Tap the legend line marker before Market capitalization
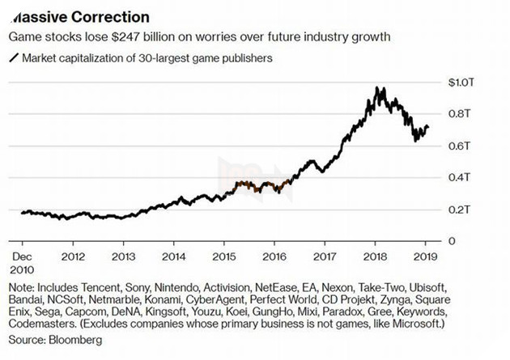click(x=13, y=58)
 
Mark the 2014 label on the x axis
click(x=172, y=257)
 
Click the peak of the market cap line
click(x=377, y=87)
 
